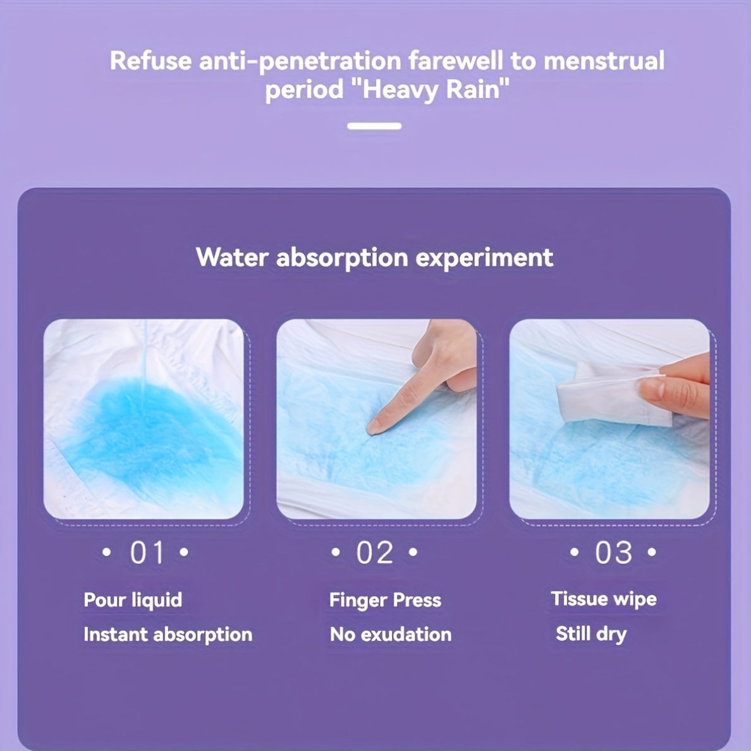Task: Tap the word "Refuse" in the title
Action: [150, 61]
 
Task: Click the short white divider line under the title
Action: [374, 126]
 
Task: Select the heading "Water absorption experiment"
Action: [374, 257]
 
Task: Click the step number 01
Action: [147, 553]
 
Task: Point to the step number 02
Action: [374, 553]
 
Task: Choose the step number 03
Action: [613, 553]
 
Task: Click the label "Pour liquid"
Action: [133, 599]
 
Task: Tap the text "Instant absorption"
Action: [168, 634]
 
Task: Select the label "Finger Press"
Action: [385, 599]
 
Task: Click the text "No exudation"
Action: [391, 634]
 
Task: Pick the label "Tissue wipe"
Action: [604, 599]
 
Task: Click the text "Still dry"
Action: [591, 633]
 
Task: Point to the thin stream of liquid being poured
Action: [145, 354]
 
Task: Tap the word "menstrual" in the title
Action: [604, 61]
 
